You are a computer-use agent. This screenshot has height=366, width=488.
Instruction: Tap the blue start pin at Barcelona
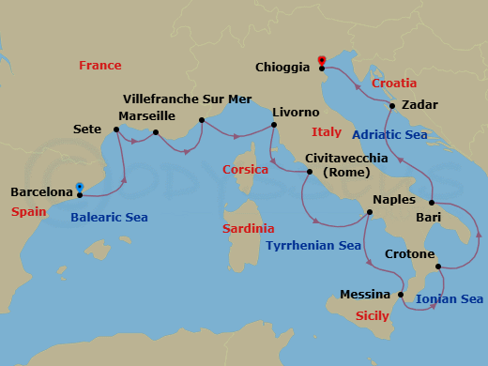click(80, 187)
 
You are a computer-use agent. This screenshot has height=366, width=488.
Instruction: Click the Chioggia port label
click(284, 67)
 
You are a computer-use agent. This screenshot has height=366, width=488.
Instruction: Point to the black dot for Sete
click(115, 130)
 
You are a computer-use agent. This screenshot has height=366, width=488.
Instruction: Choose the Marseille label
click(147, 116)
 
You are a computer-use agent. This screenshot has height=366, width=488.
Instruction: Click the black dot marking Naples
click(370, 212)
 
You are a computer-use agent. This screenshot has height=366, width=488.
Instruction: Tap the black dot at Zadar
click(392, 105)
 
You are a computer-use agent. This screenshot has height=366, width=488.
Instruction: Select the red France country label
click(100, 66)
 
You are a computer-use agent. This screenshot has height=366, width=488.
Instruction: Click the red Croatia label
click(394, 84)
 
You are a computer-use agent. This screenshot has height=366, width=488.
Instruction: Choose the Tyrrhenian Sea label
click(313, 246)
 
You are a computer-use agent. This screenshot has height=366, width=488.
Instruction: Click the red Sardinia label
click(248, 229)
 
